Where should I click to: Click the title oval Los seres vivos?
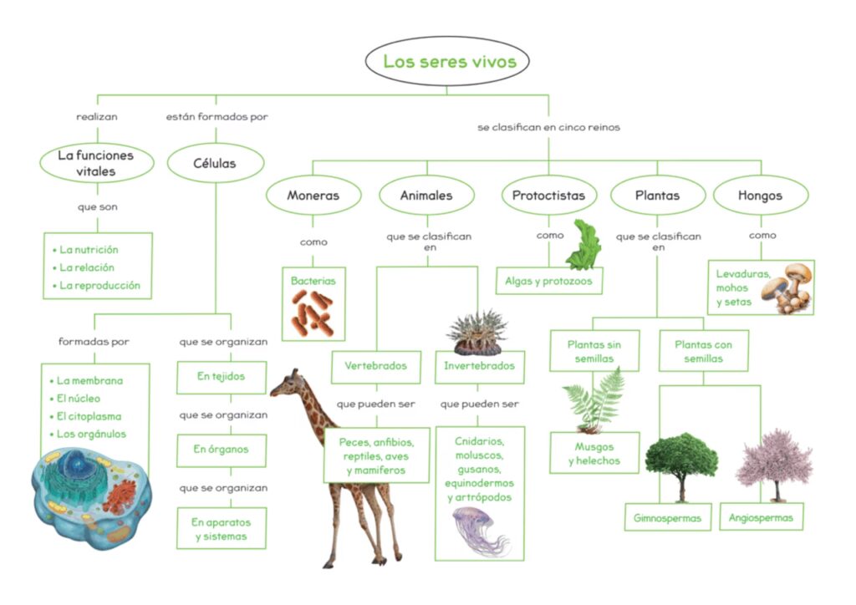click(449, 61)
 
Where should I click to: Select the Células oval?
click(216, 163)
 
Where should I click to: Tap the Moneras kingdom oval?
click(313, 196)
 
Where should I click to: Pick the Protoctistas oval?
click(549, 196)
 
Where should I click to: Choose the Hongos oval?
click(760, 196)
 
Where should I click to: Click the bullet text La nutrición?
click(89, 250)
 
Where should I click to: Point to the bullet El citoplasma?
click(89, 416)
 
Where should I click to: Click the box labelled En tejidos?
click(221, 377)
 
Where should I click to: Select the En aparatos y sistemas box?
click(221, 529)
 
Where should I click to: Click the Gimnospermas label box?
click(667, 517)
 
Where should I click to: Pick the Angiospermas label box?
click(761, 516)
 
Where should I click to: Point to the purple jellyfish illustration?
click(478, 530)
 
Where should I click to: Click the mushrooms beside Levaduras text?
click(790, 287)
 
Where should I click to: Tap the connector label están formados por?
click(217, 117)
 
